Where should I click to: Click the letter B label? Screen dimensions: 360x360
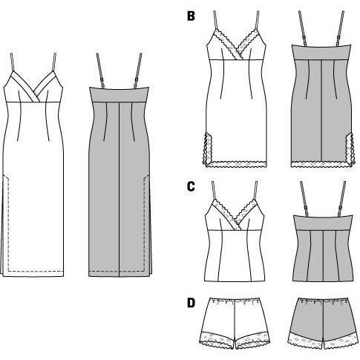pos(191,16)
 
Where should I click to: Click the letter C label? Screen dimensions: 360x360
pos(191,186)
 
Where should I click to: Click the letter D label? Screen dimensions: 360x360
pos(191,303)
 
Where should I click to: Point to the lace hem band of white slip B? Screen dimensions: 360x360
pos(236,164)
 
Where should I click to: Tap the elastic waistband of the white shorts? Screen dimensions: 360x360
pos(235,301)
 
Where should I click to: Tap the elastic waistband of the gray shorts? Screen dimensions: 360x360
pos(322,301)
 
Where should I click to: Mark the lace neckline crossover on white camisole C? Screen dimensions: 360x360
pos(235,223)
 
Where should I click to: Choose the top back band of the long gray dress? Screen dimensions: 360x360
pos(120,94)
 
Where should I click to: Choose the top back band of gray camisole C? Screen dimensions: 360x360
pos(322,223)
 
